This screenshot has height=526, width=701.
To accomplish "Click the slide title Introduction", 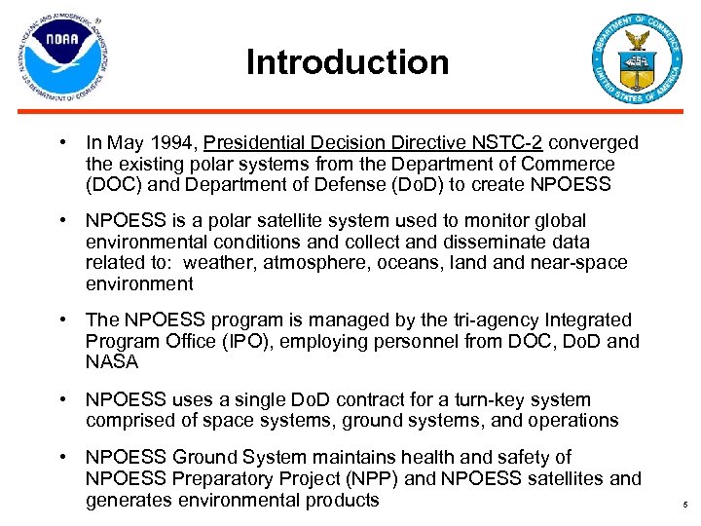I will tap(348, 62).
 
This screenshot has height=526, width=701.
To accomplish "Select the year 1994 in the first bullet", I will tap(178, 143).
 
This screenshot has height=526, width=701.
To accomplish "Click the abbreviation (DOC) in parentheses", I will tap(113, 184).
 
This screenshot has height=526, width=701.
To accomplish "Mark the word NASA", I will tap(113, 361).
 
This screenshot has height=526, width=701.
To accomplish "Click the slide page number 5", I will tap(685, 507).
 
